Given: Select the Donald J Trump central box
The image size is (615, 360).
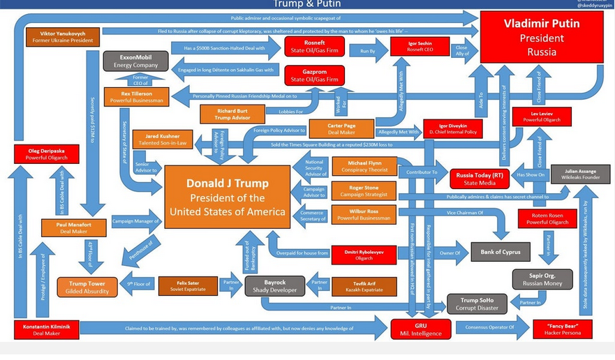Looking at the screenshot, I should click(226, 197).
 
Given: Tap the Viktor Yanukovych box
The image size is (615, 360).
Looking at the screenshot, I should click(61, 37).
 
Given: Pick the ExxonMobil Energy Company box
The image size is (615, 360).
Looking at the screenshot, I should click(136, 61).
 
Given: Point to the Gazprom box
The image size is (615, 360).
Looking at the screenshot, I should click(313, 75).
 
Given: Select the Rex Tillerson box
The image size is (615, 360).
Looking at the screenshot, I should click(136, 97).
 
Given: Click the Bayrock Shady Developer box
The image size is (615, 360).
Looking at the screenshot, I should click(274, 285).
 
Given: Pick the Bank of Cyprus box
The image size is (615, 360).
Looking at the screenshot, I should click(500, 252).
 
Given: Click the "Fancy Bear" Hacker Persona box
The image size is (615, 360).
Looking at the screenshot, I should click(562, 329).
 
